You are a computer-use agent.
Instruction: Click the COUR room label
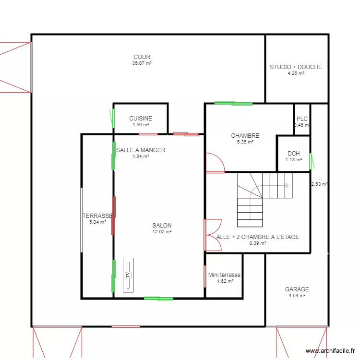142,57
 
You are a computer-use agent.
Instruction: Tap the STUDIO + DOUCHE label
296,67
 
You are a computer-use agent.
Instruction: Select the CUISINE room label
141,119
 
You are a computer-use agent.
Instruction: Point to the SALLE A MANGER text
141,150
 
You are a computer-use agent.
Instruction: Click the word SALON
162,226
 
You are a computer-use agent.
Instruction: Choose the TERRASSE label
97,216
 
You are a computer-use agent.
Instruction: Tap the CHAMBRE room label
245,136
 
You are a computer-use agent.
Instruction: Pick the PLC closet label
302,119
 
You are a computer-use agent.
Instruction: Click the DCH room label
294,154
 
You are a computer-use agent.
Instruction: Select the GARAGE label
297,289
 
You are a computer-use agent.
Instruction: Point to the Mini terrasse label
224,275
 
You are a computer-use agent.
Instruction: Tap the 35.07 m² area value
142,63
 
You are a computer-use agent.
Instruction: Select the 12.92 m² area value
162,231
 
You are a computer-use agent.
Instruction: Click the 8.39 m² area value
258,243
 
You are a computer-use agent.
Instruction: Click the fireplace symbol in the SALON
128,275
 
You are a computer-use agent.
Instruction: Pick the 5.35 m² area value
245,142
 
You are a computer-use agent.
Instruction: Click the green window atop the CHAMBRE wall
233,103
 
